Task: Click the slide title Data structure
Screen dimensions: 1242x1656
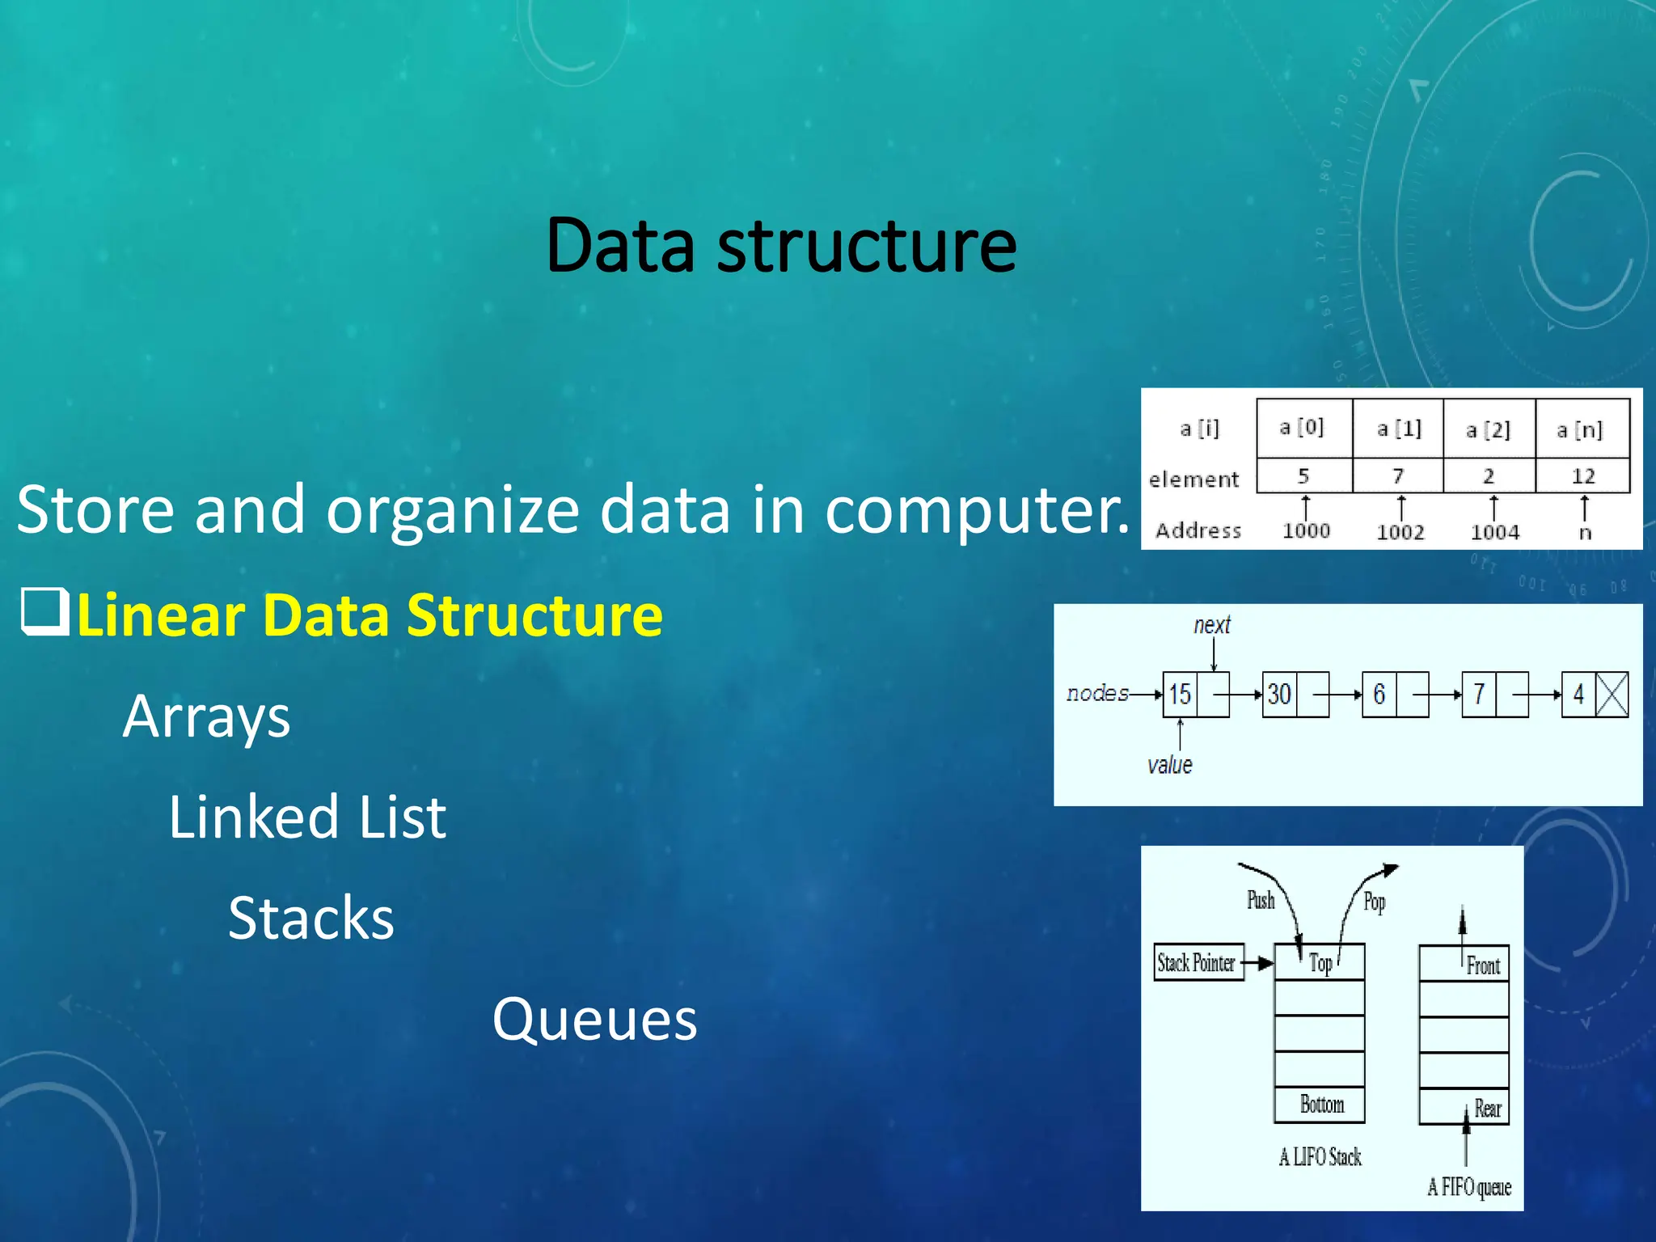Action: click(x=781, y=246)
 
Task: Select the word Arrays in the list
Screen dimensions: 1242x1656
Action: click(x=206, y=717)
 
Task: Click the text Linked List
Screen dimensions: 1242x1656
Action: click(x=307, y=817)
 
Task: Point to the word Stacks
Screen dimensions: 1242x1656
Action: click(x=311, y=919)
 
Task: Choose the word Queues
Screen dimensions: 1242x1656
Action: click(x=594, y=1020)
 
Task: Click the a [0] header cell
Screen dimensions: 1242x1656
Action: click(x=1303, y=428)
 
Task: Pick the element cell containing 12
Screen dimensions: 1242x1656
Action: click(x=1582, y=476)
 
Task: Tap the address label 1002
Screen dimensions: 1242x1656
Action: click(x=1400, y=532)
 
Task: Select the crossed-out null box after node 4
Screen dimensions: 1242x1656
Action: click(x=1612, y=695)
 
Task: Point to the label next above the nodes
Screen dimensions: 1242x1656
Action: click(x=1211, y=625)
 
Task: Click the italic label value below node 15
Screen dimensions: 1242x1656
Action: click(x=1169, y=765)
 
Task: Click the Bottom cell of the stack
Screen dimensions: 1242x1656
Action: click(x=1320, y=1105)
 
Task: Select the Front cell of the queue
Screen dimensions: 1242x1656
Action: click(x=1464, y=964)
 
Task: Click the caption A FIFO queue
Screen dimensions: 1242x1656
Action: click(x=1468, y=1187)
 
